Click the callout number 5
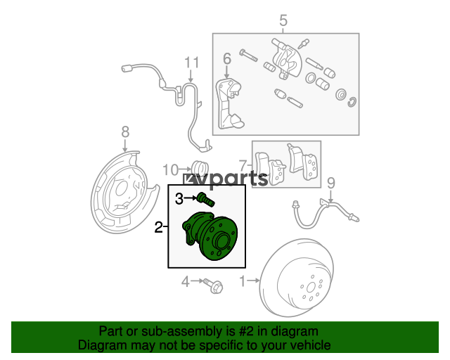pos(283,20)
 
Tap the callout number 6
pos(227,59)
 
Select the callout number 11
pos(191,63)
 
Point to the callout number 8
pos(125,132)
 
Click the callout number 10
pos(171,170)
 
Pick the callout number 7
pos(243,166)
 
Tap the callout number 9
pos(331,183)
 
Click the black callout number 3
pos(179,198)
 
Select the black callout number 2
pos(158,227)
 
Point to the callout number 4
pos(186,282)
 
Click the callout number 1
pos(243,281)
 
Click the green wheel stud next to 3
pos(206,199)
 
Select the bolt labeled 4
pos(213,285)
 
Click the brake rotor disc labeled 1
pos(297,278)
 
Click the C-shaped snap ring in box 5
pos(352,102)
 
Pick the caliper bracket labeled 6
pos(229,104)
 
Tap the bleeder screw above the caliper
pos(303,44)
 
